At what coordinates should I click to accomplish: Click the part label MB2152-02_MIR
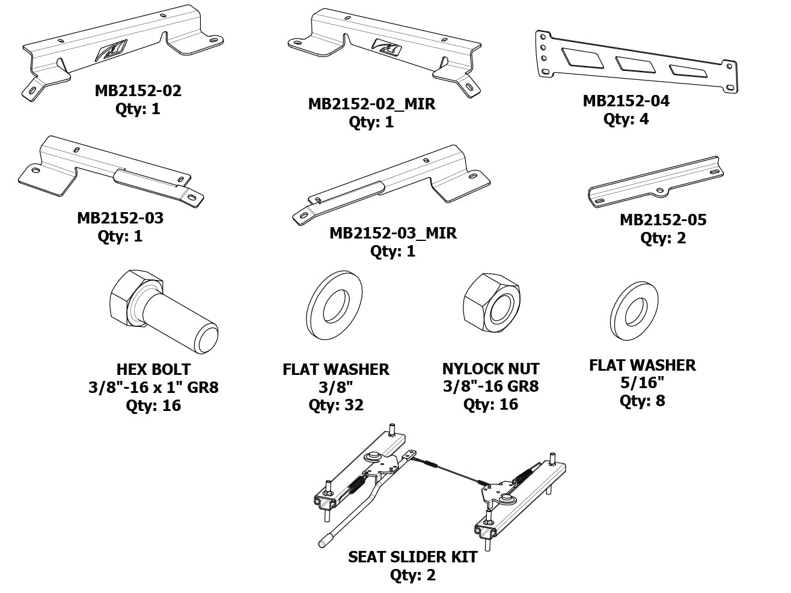tap(371, 104)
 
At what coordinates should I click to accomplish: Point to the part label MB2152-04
tap(626, 101)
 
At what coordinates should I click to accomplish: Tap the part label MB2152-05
tap(662, 220)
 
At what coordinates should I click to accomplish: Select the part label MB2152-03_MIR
tap(392, 233)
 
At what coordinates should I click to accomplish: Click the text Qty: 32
tap(336, 405)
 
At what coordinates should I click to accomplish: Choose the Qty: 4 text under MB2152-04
tap(626, 119)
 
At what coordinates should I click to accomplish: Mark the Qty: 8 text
tap(642, 401)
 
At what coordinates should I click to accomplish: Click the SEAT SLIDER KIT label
tap(412, 557)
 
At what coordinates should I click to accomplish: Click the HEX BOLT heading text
tap(153, 369)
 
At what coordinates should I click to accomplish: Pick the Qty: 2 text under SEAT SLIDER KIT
tap(412, 575)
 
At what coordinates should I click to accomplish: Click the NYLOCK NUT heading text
tap(490, 369)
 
